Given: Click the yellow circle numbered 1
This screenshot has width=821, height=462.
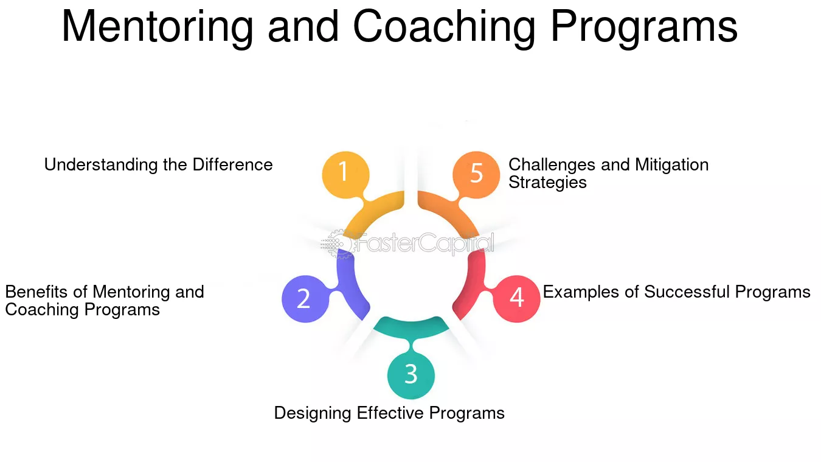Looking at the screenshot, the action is (345, 175).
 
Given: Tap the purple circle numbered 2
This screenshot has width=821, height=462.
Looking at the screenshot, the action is (305, 299).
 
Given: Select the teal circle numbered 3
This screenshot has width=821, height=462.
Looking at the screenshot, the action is (411, 375).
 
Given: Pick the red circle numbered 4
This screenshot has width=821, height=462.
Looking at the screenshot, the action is (516, 299).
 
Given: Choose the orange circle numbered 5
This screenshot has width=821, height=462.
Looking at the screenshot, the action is (476, 175).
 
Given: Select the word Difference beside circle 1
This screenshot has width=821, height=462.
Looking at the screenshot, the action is (232, 164).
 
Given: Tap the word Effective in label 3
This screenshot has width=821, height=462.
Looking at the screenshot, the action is (390, 413).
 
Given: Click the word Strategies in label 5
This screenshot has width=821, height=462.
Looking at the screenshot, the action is (547, 183).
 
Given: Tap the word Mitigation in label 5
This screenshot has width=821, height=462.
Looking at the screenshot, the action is (671, 165).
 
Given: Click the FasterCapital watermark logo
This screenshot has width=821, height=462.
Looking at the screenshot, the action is (407, 243).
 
